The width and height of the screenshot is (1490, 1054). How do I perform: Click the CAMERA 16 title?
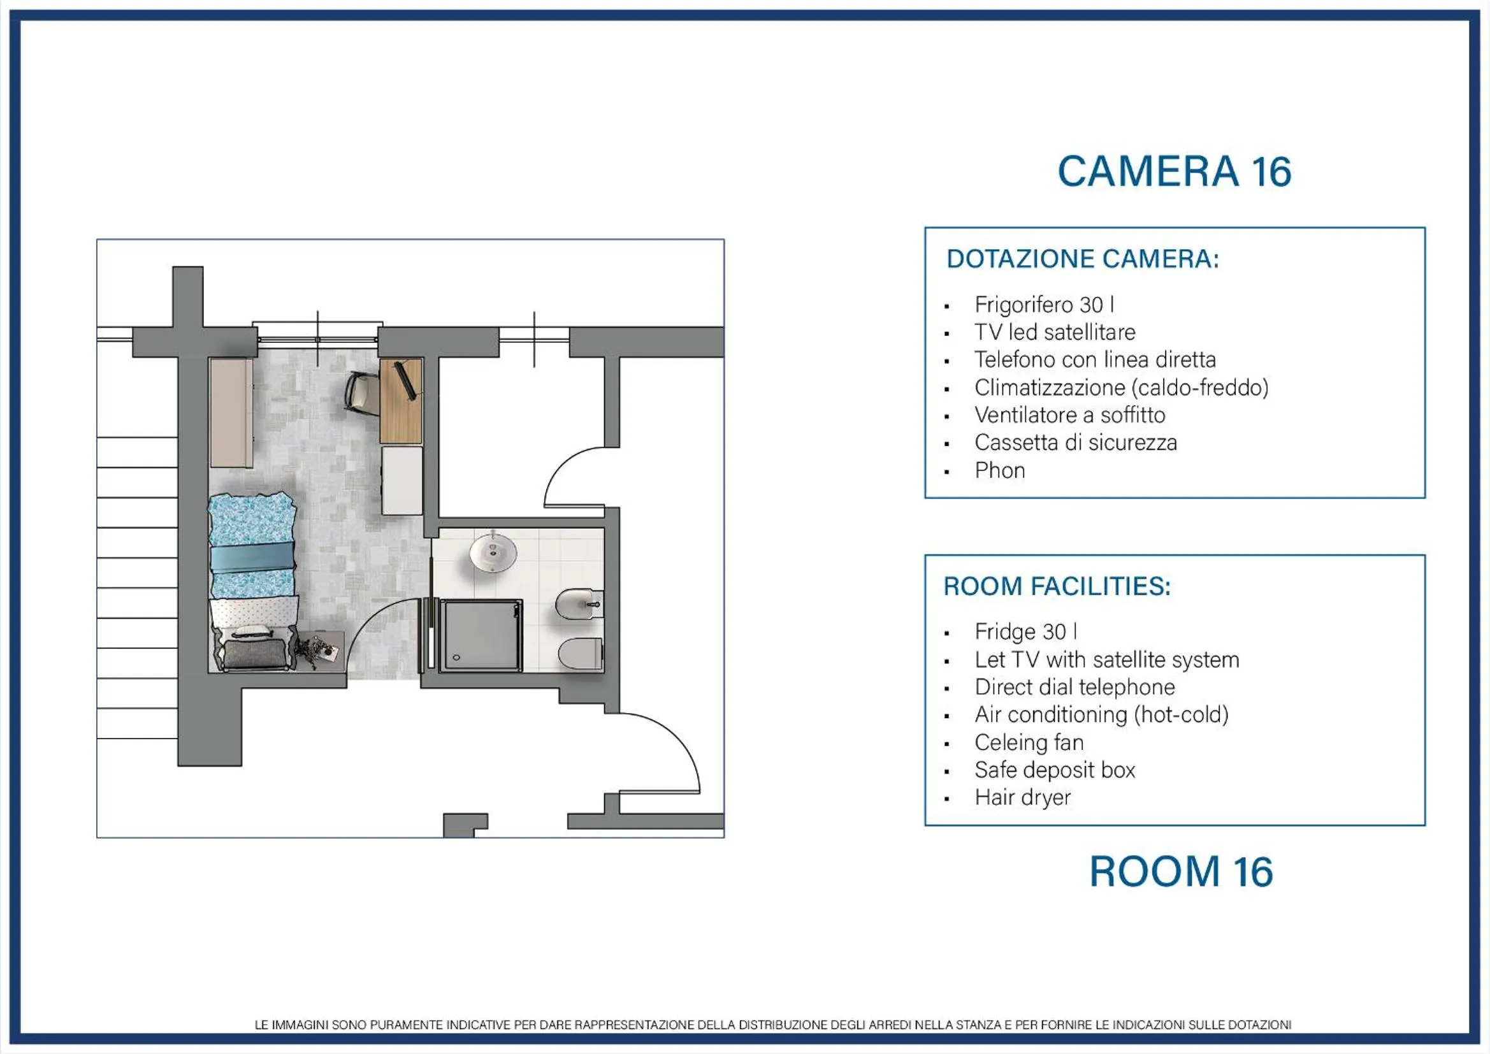coord(1174,171)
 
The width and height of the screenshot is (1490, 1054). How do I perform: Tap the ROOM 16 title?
coord(1180,872)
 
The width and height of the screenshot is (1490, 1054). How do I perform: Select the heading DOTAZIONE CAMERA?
coord(1083,259)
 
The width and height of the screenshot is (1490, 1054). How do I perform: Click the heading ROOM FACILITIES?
coord(1057,586)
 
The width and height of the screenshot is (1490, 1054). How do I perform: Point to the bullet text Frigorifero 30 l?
coord(1044,305)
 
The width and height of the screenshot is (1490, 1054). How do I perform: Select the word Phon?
coord(999,470)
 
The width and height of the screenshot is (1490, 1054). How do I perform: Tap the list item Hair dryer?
coord(1022,797)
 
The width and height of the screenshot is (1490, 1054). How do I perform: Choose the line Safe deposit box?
coord(1055,770)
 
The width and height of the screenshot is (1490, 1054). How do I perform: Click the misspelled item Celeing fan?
coord(1029,742)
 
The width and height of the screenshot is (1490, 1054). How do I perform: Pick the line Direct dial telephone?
coord(1074,687)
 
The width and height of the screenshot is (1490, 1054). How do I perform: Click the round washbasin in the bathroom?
coord(493,552)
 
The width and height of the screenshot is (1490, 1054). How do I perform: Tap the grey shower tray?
coord(481,635)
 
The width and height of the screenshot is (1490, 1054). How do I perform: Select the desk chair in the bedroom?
coord(361,391)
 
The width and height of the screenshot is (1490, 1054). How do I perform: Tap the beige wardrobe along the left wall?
coord(231,413)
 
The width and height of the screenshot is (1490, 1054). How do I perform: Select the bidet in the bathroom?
coord(579,604)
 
